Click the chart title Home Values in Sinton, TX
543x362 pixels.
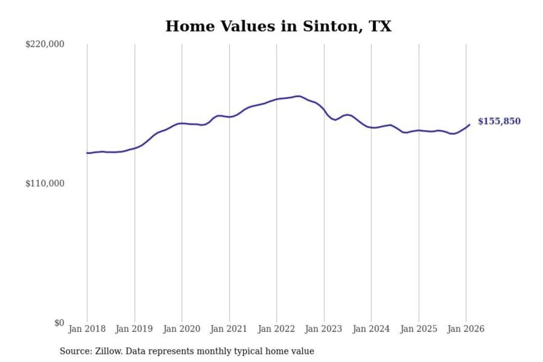click(x=278, y=26)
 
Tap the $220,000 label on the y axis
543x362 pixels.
click(x=44, y=44)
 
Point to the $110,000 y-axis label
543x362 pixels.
click(x=44, y=184)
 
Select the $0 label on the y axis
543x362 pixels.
click(x=59, y=323)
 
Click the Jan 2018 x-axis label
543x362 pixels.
click(x=87, y=329)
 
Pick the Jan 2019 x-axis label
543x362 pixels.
click(x=134, y=329)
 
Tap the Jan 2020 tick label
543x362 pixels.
click(x=181, y=329)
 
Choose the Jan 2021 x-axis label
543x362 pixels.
click(x=229, y=329)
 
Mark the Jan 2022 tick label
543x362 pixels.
click(x=276, y=329)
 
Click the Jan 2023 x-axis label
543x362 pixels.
click(x=323, y=329)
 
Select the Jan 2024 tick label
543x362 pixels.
click(x=371, y=329)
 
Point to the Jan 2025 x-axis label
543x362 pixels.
click(x=418, y=329)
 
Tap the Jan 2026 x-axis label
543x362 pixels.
click(x=465, y=329)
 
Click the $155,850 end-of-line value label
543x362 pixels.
click(x=499, y=121)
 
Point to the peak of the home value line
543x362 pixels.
click(x=299, y=96)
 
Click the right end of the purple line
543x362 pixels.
click(x=469, y=125)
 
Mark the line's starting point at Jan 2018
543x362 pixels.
click(x=87, y=153)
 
